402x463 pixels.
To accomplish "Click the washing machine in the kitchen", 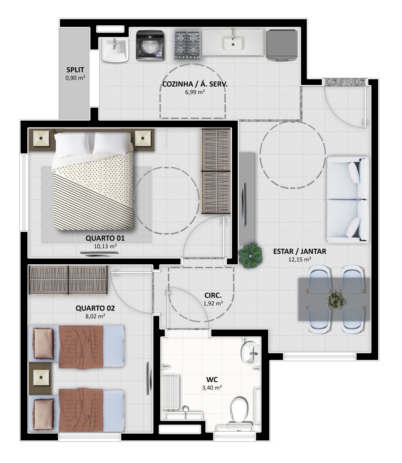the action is tap(150, 45).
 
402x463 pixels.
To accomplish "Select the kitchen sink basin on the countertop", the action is tap(233, 43).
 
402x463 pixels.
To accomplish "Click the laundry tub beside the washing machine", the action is tap(115, 50).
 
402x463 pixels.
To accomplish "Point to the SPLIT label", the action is tap(75, 70).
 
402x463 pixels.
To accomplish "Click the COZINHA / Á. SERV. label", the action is tap(195, 84).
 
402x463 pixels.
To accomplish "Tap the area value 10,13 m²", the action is tap(105, 246).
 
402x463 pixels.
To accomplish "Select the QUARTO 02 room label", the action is tap(95, 308).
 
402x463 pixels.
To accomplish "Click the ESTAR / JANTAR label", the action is tap(299, 251).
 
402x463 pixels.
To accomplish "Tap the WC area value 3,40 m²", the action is tap(212, 388).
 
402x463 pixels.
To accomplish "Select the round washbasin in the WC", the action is tap(250, 353).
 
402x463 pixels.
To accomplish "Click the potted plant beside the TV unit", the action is tap(250, 255).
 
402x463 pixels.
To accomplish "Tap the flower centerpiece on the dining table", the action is tap(336, 300).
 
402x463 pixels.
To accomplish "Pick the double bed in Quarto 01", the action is tap(93, 181).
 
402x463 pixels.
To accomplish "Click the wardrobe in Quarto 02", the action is tap(68, 280).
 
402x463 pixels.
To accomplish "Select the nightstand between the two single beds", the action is tap(41, 378).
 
